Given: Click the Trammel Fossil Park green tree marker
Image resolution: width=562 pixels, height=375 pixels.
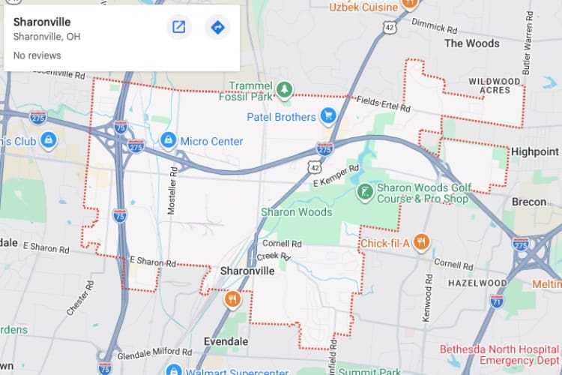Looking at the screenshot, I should point(284,91).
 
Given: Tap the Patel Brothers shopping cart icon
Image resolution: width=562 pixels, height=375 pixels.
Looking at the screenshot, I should point(327,116).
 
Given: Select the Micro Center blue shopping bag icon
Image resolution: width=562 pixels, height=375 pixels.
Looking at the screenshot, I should point(169,140).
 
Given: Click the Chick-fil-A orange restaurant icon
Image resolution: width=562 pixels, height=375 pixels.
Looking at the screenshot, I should point(422,242).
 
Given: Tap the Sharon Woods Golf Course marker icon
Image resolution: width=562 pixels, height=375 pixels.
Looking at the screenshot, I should point(365,192).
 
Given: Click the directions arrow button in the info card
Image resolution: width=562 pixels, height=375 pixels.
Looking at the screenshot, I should point(217,28).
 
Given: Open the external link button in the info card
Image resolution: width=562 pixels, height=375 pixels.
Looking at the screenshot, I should point(179,28).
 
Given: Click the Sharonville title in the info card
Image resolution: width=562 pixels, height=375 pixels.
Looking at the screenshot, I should point(42,22).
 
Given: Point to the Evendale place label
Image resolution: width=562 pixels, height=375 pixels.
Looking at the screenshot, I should point(226,341).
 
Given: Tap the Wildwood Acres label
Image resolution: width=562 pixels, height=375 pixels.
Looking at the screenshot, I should point(495,85).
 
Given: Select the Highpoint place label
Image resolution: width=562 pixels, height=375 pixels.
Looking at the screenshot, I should point(535,151).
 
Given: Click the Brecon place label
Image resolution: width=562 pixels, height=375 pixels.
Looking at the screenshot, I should point(529,202).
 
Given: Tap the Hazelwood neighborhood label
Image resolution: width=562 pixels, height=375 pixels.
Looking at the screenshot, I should point(478,283).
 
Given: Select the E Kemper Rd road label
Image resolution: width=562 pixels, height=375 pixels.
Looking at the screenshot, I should point(336,176).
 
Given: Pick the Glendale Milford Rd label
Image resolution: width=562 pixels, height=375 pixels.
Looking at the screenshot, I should point(154,352).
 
